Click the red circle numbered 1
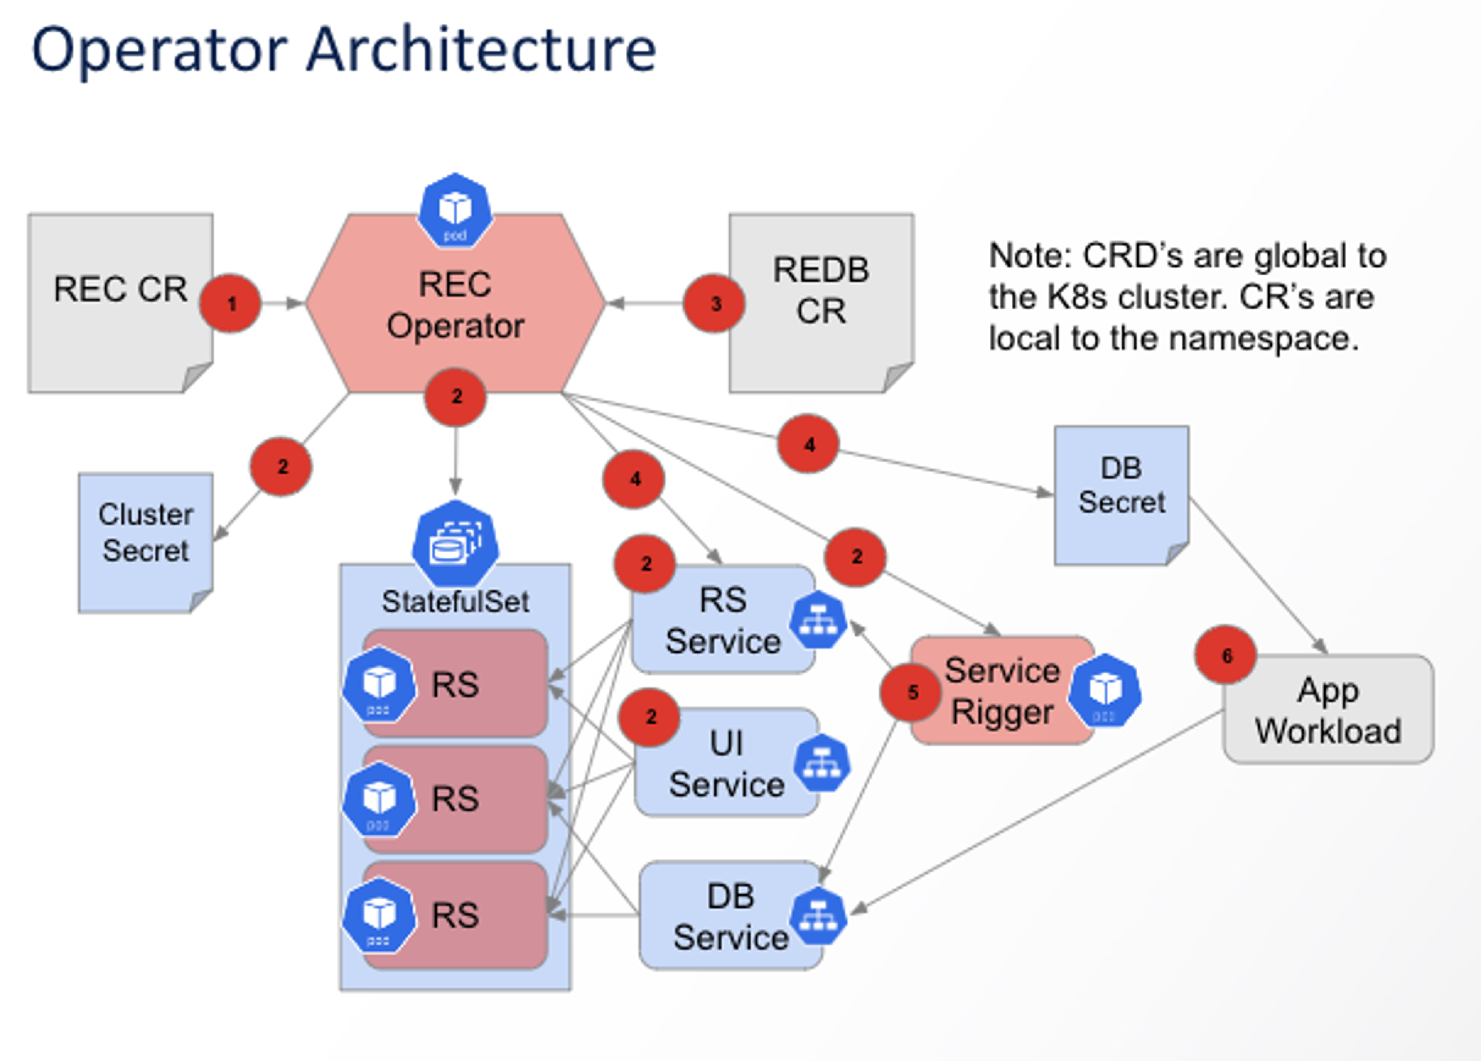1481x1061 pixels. (x=231, y=304)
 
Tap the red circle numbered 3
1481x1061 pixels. (x=714, y=304)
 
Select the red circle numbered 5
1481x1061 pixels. (x=911, y=692)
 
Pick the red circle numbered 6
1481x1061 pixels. (x=1226, y=655)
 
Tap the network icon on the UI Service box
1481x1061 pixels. (x=821, y=762)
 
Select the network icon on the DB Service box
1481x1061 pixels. (x=818, y=915)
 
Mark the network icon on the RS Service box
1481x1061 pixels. (x=818, y=620)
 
